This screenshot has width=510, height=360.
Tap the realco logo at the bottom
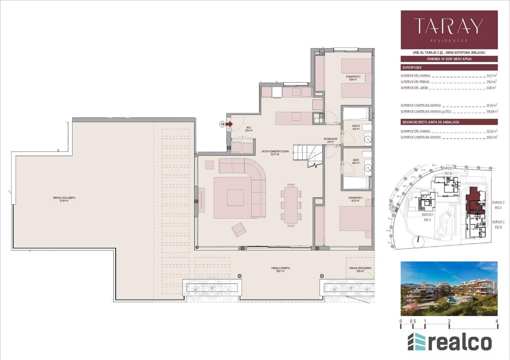[449, 342]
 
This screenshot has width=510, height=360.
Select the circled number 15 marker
[222, 124]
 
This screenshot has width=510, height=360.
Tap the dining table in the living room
[291, 205]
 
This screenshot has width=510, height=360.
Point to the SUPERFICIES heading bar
[449, 68]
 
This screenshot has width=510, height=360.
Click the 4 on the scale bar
[497, 321]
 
